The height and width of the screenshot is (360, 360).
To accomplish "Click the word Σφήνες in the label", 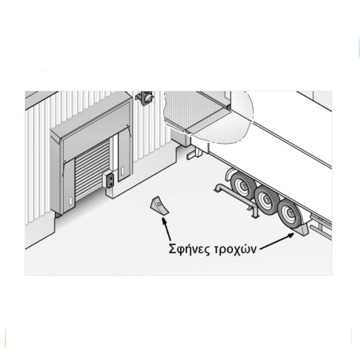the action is point(189,249).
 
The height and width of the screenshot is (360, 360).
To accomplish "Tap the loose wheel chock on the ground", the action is point(160,206).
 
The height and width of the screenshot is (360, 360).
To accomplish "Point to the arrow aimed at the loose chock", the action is point(166,229).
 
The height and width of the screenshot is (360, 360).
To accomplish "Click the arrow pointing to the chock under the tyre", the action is point(277,241).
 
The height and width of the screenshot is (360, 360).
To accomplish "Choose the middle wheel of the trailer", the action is point(267,200).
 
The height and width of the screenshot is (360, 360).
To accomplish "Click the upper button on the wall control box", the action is point(111,177).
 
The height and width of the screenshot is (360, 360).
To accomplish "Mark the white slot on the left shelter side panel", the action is point(70,201).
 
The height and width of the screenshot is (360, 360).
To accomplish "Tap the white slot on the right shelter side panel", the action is point(122,170).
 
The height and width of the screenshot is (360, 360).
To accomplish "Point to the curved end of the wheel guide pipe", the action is point(218,187).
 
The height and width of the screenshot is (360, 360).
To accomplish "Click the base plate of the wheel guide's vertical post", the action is point(255,216).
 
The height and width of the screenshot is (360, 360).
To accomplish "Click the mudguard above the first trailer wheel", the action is point(230,175).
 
